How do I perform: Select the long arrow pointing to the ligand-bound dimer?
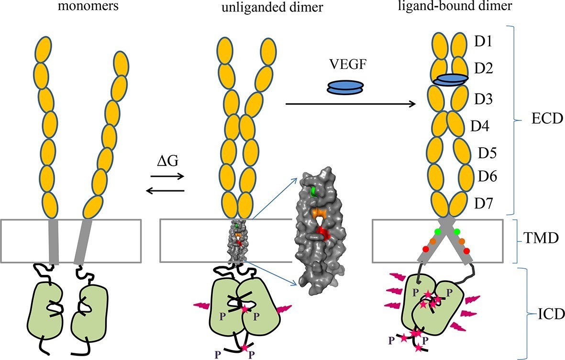tap(350, 102)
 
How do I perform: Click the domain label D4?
tap(480, 127)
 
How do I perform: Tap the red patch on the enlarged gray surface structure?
tap(323, 233)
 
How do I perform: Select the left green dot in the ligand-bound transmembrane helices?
tap(437, 232)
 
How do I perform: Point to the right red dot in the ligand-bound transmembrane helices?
tap(466, 251)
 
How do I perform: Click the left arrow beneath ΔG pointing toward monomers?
tap(165, 191)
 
